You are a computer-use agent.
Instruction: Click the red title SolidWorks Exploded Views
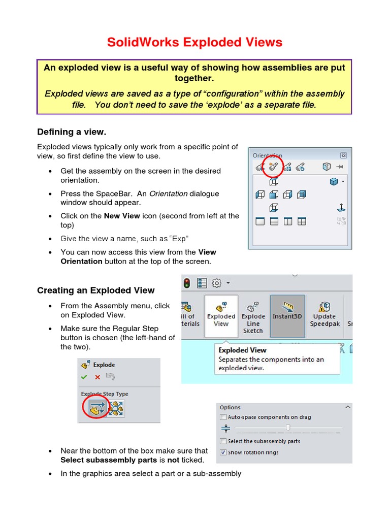pyautogui.click(x=194, y=42)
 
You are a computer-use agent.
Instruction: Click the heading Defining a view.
pyautogui.click(x=72, y=132)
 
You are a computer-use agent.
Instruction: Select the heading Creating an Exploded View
pyautogui.click(x=95, y=290)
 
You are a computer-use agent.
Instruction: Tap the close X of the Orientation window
pyautogui.click(x=343, y=155)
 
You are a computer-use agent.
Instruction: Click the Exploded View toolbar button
pyautogui.click(x=221, y=315)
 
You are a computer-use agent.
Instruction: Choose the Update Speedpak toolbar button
pyautogui.click(x=324, y=315)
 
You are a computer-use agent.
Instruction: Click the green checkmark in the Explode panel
pyautogui.click(x=84, y=377)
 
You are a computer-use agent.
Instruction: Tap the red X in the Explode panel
pyautogui.click(x=97, y=377)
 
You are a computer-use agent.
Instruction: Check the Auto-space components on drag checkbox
pyautogui.click(x=223, y=417)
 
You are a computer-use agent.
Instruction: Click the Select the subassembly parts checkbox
pyautogui.click(x=223, y=441)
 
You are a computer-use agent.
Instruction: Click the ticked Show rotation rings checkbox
pyautogui.click(x=223, y=452)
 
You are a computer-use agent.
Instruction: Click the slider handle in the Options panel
pyautogui.click(x=288, y=428)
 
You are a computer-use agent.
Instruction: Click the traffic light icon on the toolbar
pyautogui.click(x=187, y=283)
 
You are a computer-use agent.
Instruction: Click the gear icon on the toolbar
pyautogui.click(x=216, y=283)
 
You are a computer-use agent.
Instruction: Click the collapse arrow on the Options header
pyautogui.click(x=347, y=407)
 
